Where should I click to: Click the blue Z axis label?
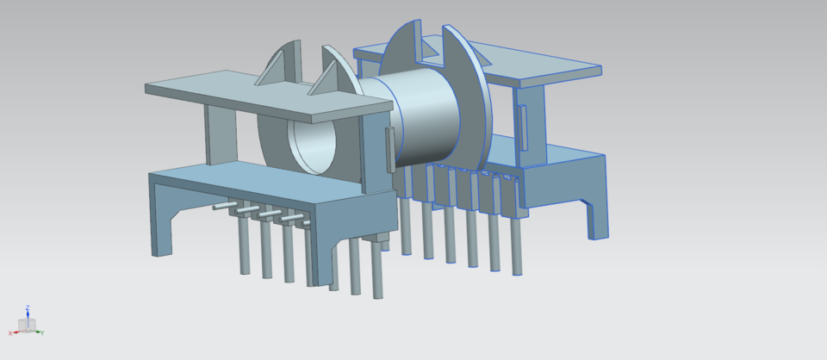click(x=28, y=306)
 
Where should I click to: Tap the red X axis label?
click(x=11, y=332)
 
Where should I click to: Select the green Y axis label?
click(x=42, y=332)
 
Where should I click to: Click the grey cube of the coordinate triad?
click(x=27, y=326)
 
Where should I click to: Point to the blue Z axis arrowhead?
click(x=28, y=313)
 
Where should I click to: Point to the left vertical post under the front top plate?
click(x=219, y=134)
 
